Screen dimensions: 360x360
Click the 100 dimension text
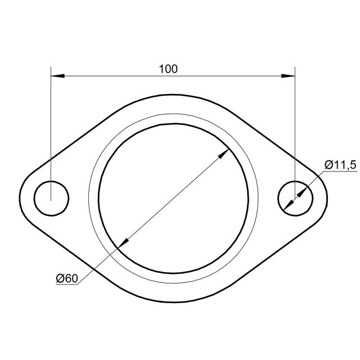click(x=168, y=69)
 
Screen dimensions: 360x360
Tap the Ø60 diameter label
click(x=67, y=278)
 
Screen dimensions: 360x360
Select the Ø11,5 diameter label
click(x=340, y=165)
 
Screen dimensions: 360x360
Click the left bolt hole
click(x=51, y=199)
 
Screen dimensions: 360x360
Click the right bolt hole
click(x=295, y=199)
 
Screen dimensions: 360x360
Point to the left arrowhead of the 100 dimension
click(x=57, y=76)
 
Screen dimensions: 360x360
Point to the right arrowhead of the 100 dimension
click(x=288, y=76)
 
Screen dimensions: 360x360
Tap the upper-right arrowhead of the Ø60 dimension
click(x=223, y=154)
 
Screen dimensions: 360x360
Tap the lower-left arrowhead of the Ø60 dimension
click(x=123, y=243)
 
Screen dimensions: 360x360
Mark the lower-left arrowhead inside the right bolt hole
click(x=289, y=205)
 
